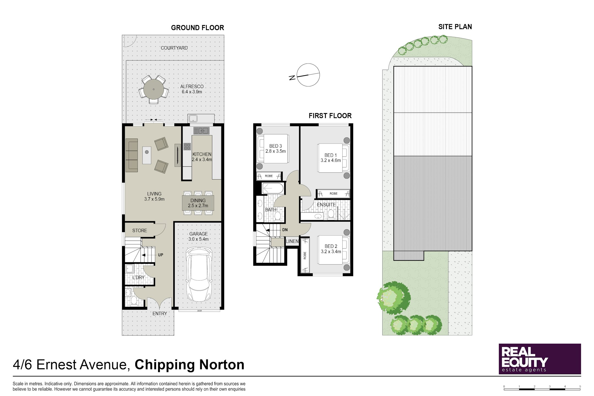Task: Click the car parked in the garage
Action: (199, 274)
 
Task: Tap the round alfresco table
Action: (153, 89)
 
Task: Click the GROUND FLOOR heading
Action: (197, 28)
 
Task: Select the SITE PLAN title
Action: (455, 27)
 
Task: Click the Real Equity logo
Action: (540, 359)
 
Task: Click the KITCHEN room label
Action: (202, 154)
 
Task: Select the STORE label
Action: (140, 230)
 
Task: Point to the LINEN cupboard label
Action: (292, 241)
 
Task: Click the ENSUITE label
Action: (326, 205)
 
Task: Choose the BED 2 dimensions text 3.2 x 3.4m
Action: (331, 251)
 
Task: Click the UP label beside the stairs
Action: (161, 255)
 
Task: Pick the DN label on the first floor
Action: (285, 230)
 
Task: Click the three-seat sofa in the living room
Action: (132, 155)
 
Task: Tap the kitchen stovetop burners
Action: (187, 147)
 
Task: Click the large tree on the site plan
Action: (394, 298)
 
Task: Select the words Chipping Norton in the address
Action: (189, 365)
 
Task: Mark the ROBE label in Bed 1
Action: (333, 194)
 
